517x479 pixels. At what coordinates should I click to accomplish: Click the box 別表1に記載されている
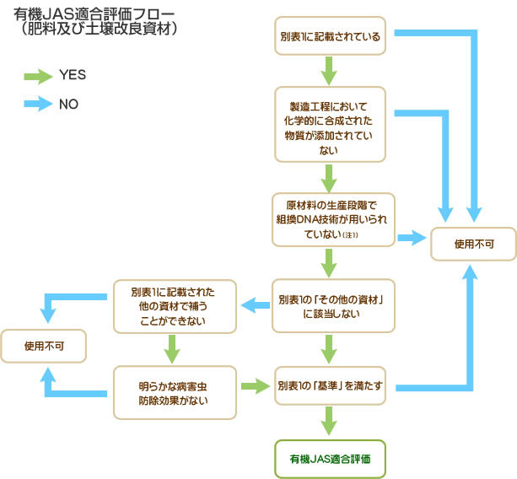point(330,38)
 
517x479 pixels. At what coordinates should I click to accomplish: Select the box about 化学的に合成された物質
point(330,125)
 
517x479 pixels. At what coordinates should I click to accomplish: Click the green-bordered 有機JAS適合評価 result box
point(330,460)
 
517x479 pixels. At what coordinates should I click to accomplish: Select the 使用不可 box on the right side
point(473,245)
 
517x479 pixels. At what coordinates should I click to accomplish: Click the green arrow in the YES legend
point(38,76)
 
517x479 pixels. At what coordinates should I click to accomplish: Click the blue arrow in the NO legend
point(38,104)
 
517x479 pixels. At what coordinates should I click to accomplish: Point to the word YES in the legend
point(73,76)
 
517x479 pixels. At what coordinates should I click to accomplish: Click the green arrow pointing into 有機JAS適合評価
point(330,421)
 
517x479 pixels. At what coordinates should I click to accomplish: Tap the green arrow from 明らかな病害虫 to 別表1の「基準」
point(253,387)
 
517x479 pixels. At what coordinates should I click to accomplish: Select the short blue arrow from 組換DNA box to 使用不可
point(412,239)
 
